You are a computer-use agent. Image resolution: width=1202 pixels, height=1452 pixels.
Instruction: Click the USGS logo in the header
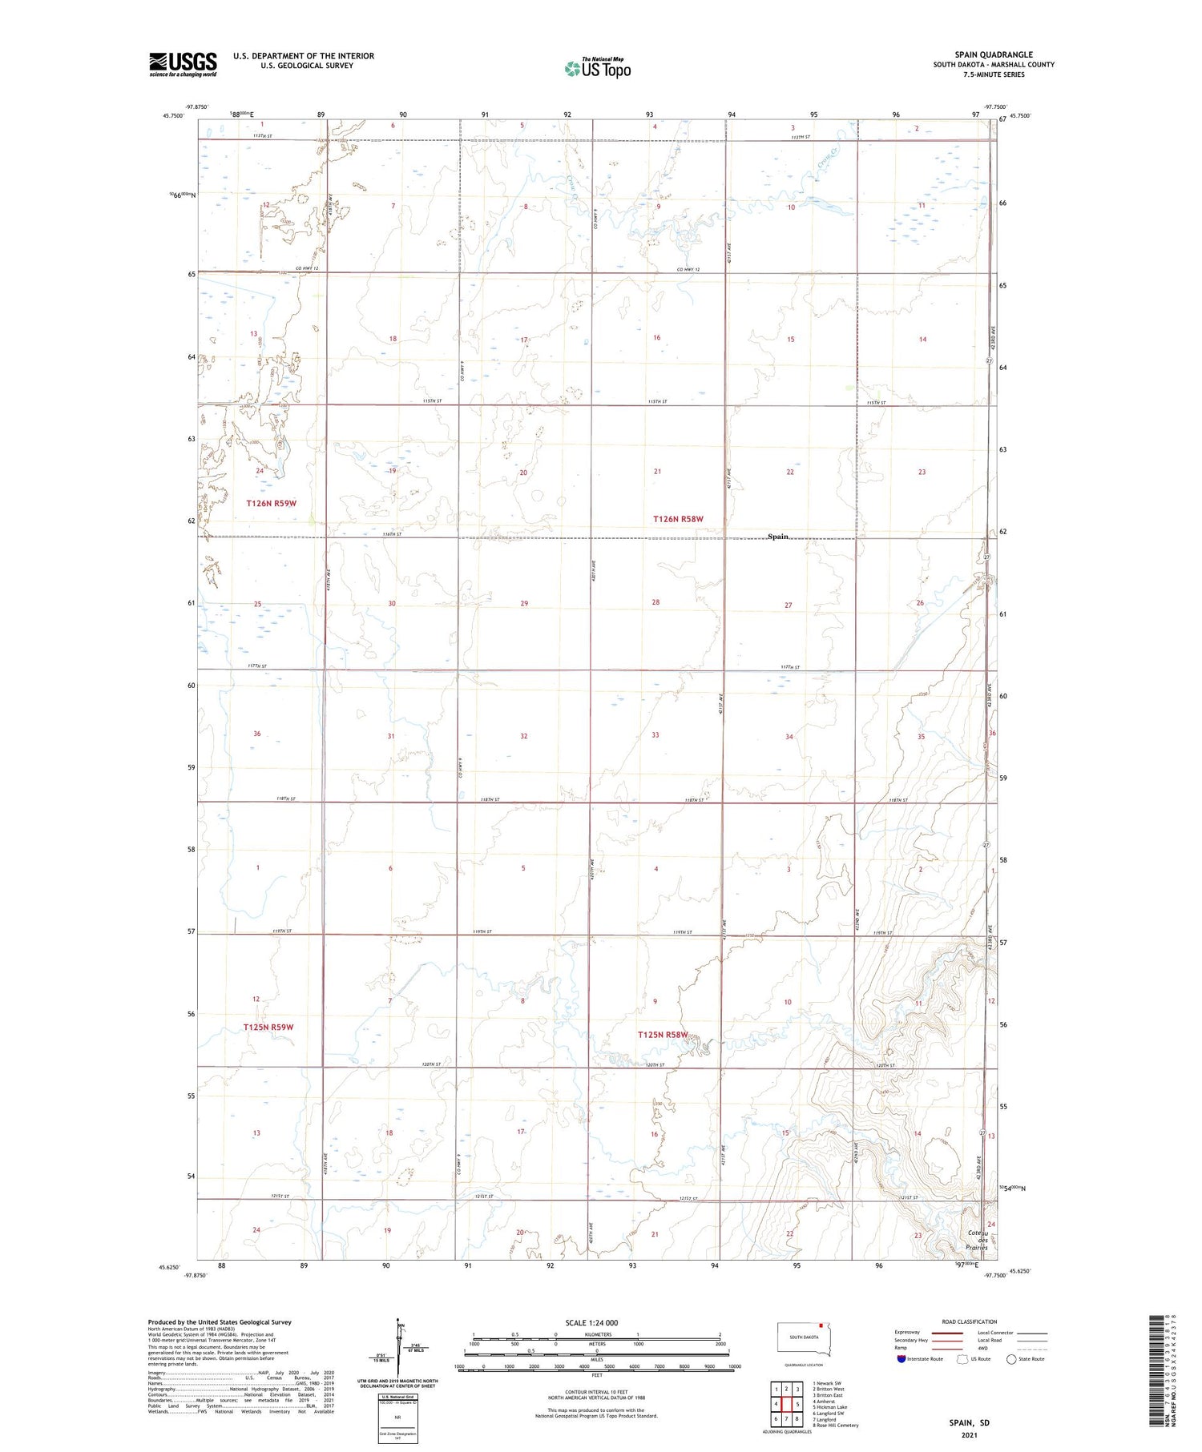tap(183, 64)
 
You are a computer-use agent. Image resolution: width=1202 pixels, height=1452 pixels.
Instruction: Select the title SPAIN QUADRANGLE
tap(993, 54)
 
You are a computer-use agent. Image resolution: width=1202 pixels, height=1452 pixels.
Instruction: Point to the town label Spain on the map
tap(777, 537)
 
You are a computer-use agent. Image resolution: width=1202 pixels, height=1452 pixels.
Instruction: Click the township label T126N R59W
tap(271, 503)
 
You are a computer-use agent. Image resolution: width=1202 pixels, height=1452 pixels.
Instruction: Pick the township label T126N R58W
tap(678, 519)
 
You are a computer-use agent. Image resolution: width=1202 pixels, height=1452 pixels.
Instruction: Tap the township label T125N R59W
tap(268, 1027)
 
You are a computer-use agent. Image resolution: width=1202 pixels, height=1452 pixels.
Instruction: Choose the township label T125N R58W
tap(663, 1035)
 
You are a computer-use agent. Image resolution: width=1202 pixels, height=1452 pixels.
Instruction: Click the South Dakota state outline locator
tap(805, 1338)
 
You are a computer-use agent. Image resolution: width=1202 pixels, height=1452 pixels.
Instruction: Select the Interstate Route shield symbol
tap(901, 1359)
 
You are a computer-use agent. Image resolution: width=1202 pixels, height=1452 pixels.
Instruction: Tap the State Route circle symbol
tap(1011, 1359)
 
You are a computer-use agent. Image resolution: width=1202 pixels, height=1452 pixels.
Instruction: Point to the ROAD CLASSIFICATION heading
tap(969, 1321)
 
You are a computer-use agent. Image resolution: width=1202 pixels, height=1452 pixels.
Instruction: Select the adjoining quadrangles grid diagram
tap(786, 1404)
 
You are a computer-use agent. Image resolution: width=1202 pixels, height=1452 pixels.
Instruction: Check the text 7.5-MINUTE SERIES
tap(994, 74)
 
